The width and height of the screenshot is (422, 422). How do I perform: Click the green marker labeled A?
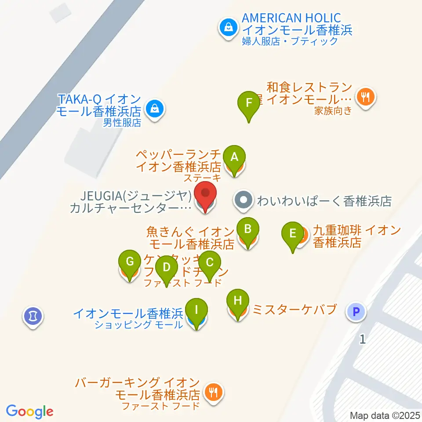pos(234,157)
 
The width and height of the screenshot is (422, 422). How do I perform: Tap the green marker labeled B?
pos(248,229)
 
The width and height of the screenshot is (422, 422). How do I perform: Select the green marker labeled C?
pos(210,262)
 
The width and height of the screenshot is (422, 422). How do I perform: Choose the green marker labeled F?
pos(249,103)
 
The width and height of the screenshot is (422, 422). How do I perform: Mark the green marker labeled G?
pos(130,262)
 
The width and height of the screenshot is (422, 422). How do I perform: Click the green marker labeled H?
pos(238,301)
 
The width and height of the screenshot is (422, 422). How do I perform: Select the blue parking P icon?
pos(357,313)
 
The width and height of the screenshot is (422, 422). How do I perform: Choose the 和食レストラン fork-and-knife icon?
pos(366,95)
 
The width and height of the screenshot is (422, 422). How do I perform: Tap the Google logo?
pos(30,411)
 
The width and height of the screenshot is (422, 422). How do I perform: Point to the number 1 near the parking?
pos(362,339)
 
